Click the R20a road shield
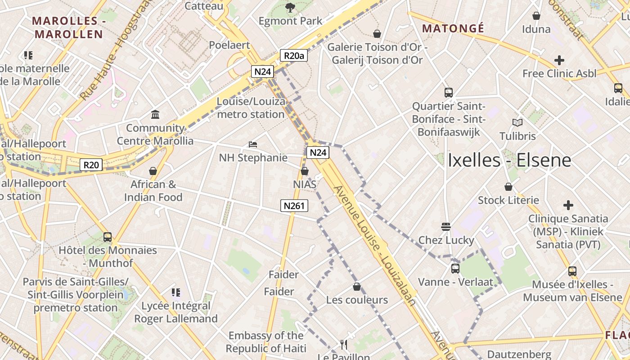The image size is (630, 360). (x=294, y=55)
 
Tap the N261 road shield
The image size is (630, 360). (x=294, y=206)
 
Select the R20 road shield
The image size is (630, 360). (x=91, y=165)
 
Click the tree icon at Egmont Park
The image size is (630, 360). (x=290, y=7)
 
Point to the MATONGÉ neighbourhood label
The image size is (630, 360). (x=453, y=29)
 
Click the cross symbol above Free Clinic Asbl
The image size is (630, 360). (x=559, y=60)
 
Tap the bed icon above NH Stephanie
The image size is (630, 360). (x=253, y=144)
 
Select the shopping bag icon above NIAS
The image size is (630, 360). (x=305, y=171)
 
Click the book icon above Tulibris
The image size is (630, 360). (x=517, y=122)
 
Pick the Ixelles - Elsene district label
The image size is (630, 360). (x=509, y=160)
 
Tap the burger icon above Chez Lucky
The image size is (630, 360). (x=446, y=226)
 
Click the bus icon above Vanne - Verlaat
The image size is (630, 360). (x=455, y=269)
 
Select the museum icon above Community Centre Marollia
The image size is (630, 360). (x=156, y=114)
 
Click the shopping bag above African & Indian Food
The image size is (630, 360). (x=153, y=171)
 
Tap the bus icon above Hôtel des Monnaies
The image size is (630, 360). (x=108, y=237)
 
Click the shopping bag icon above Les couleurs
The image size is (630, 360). (x=357, y=286)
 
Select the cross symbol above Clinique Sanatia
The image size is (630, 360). (x=568, y=205)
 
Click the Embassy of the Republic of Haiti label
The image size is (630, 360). (x=265, y=342)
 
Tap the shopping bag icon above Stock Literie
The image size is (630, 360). (x=508, y=187)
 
